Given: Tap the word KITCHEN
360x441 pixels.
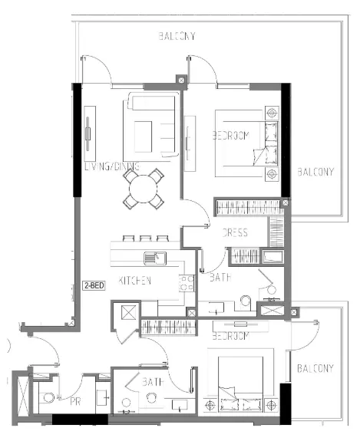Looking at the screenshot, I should (x=135, y=281).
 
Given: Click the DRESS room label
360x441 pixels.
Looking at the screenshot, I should (x=233, y=232).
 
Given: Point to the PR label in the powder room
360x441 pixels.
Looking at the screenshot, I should (x=75, y=400).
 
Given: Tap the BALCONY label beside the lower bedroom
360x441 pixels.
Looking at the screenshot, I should (x=315, y=369).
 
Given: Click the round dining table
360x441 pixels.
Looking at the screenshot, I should (x=144, y=188).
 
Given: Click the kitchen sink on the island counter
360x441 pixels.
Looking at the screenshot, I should (x=155, y=257).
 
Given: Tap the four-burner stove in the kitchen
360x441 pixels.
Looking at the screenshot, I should (x=186, y=283).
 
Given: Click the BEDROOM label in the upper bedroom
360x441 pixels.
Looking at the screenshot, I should (x=231, y=136).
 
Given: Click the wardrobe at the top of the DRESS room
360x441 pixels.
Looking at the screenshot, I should (x=249, y=207).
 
